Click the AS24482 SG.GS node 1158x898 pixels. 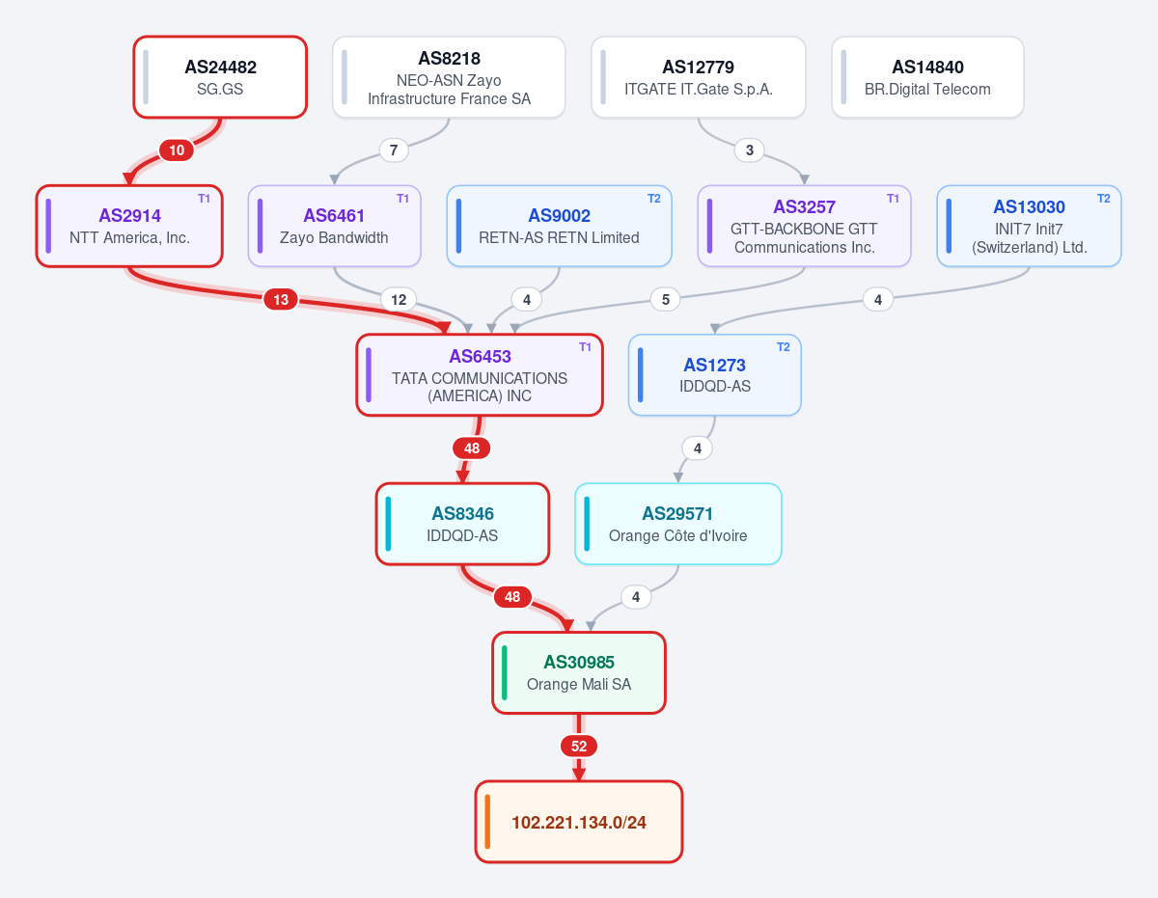220,77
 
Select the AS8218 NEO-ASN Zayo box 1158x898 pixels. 449,77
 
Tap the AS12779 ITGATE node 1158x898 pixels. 698,77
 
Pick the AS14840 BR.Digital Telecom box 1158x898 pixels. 927,77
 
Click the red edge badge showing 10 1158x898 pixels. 177,150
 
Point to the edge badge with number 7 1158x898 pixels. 394,150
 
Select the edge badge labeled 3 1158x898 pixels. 749,150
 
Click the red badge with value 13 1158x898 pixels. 281,299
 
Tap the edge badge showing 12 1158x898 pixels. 399,299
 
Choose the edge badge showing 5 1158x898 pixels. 666,299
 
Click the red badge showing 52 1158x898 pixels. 579,747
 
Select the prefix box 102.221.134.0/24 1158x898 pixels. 579,822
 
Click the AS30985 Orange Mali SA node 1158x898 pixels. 579,672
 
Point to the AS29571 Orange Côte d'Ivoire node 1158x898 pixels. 677,524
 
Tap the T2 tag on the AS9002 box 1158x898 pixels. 654,199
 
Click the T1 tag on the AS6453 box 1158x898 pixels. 585,347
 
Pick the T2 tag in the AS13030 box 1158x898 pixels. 1104,199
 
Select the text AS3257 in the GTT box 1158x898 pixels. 804,206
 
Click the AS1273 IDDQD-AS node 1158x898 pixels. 715,375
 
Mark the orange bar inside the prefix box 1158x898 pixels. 487,822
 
